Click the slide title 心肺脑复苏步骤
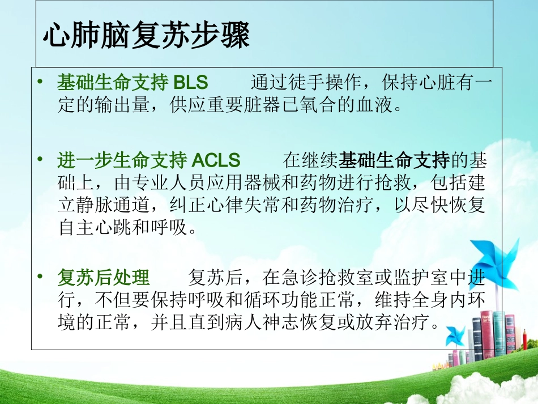click(146, 36)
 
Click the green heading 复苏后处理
click(104, 278)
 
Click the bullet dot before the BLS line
click(40, 83)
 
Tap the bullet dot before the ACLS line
click(40, 160)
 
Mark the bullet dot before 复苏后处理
click(40, 277)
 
